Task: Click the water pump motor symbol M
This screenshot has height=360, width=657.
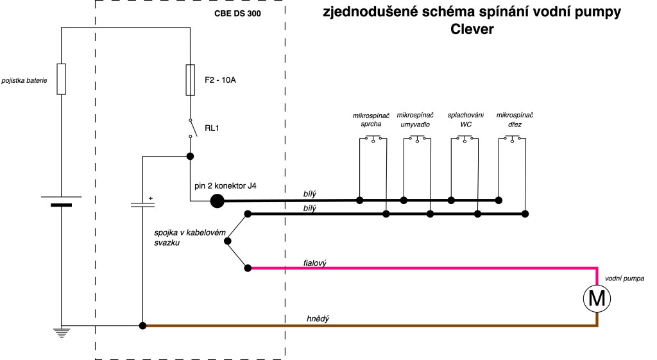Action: point(597,297)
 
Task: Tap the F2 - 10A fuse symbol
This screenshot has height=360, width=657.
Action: point(190,80)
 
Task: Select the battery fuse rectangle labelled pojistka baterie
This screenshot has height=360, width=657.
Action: point(62,80)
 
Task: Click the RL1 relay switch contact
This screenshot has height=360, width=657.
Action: point(190,128)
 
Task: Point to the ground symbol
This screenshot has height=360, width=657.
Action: point(62,334)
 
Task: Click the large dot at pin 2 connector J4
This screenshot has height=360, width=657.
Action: point(217,201)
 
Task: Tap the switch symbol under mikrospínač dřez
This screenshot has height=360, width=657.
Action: point(513,138)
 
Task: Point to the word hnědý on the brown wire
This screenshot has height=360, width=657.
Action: point(318,319)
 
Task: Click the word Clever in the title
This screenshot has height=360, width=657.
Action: point(471,30)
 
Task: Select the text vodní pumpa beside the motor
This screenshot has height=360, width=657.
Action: point(624,279)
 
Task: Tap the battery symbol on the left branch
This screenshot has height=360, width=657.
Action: point(62,201)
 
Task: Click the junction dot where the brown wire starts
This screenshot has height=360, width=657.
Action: point(142,326)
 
